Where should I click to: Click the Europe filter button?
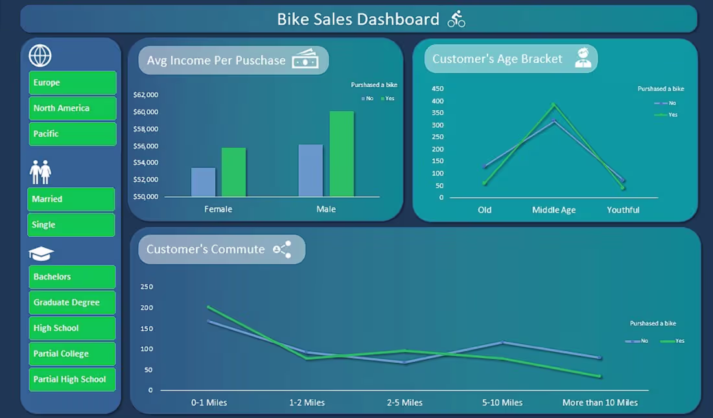coord(72,83)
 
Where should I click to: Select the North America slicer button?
coord(72,108)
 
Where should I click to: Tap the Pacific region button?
coord(72,134)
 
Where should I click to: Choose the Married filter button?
coord(71,200)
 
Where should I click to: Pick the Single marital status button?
coord(71,225)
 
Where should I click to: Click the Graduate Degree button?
coord(72,303)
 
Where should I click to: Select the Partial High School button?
coord(72,380)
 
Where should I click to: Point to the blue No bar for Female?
coord(204,182)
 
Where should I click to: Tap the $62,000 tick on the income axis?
coord(145,95)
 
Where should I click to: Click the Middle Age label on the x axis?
coord(554,210)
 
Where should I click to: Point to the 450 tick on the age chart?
coord(438,89)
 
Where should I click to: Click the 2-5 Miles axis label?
coord(404,402)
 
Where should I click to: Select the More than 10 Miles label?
coord(600,402)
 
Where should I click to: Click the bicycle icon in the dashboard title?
coord(456,19)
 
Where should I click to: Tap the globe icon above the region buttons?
coord(40,56)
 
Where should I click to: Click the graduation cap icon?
coord(41,253)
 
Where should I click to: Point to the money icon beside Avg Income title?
coord(305,60)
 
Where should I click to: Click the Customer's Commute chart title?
coord(205,250)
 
